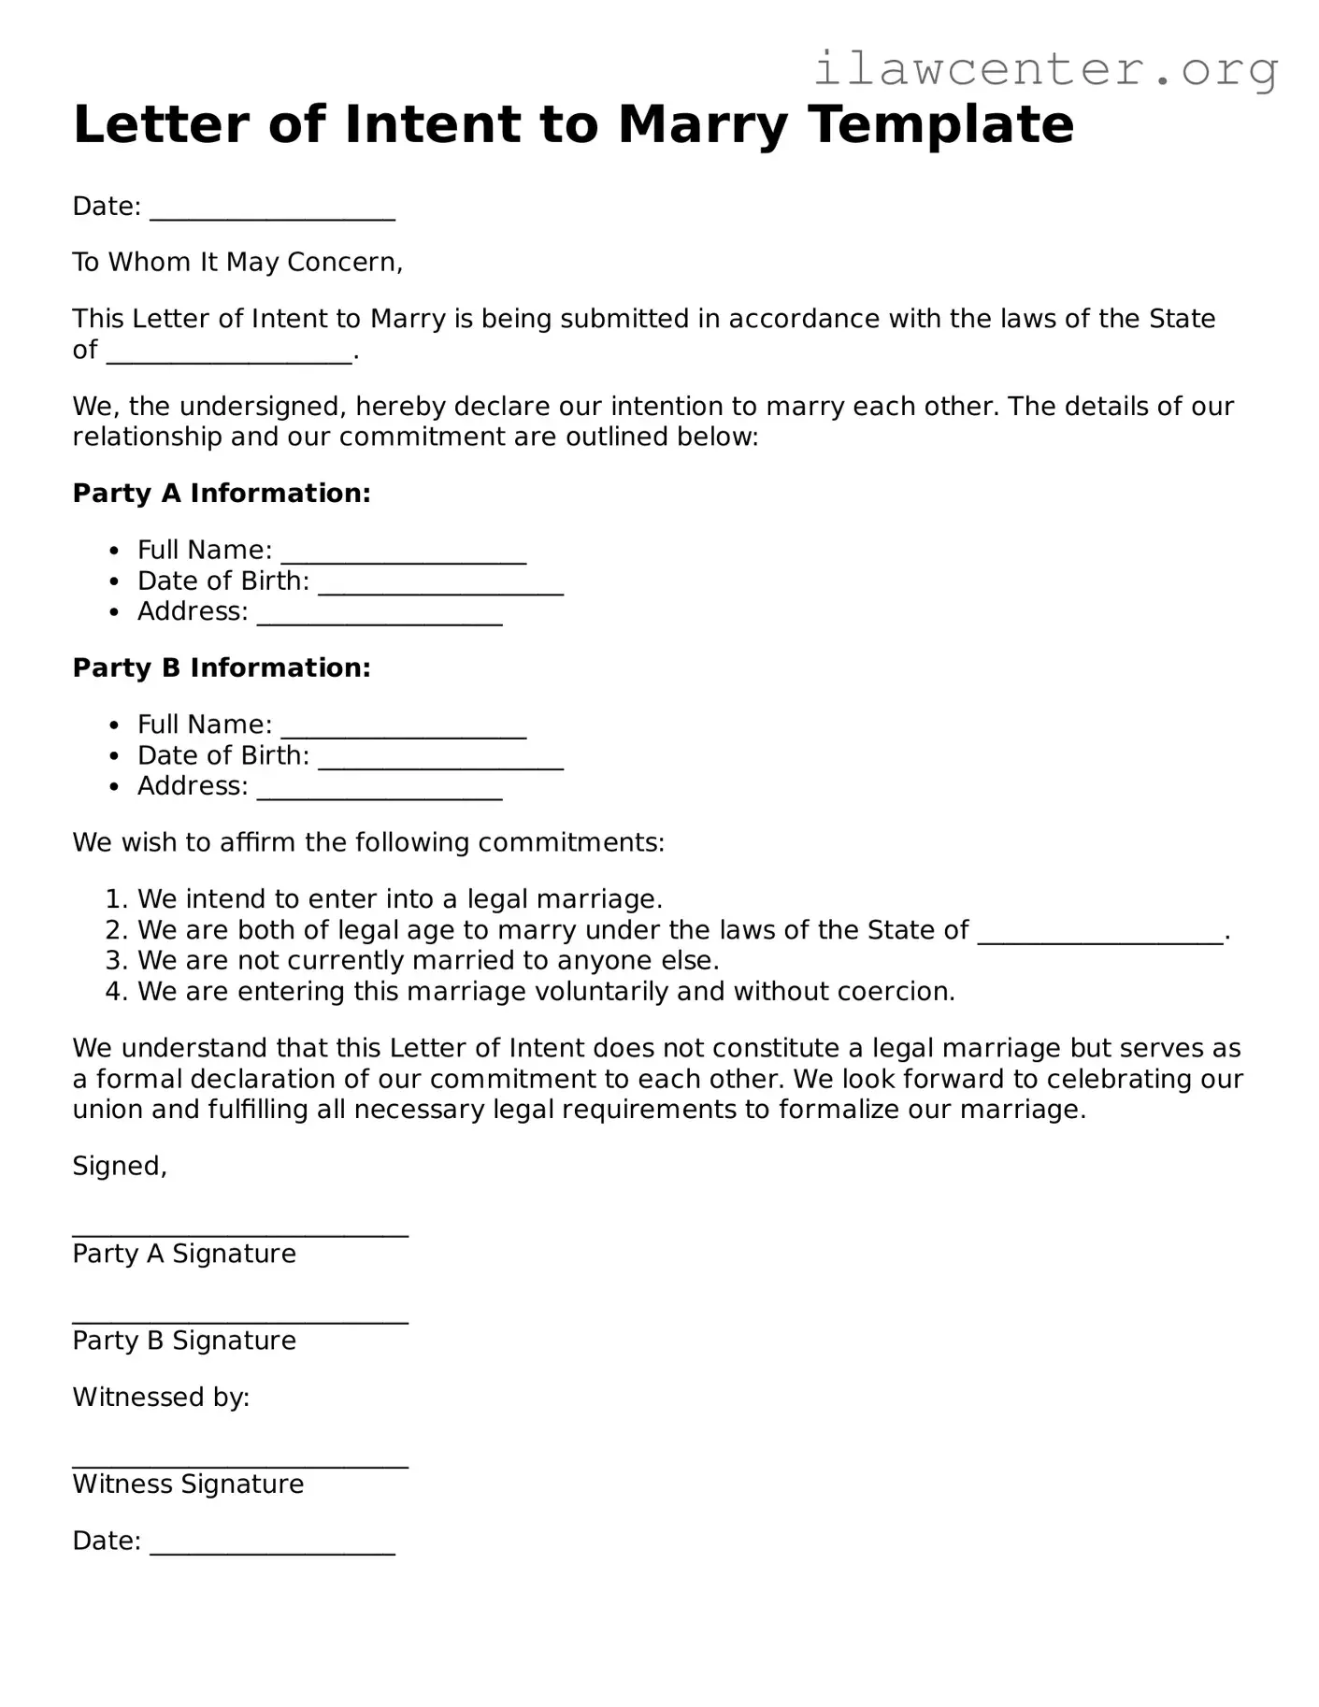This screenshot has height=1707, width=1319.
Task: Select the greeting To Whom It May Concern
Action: point(237,262)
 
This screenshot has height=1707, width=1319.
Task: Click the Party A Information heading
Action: point(222,493)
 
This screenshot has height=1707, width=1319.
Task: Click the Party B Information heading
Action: point(222,667)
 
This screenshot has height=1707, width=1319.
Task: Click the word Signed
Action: point(120,1166)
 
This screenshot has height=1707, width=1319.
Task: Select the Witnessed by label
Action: point(161,1398)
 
